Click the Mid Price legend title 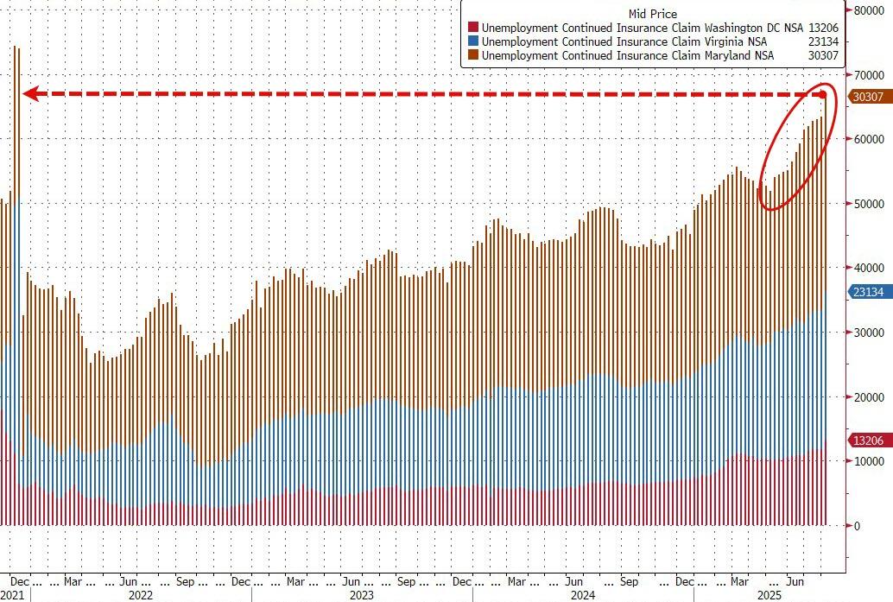point(653,14)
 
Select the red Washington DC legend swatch point(472,28)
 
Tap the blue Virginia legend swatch point(472,41)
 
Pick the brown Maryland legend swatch point(472,55)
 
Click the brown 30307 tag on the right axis point(868,97)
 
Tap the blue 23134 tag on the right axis point(868,293)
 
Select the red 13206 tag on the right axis point(868,440)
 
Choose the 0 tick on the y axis point(858,525)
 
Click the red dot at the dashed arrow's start point(823,94)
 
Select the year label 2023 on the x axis point(361,595)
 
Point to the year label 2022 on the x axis point(140,595)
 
